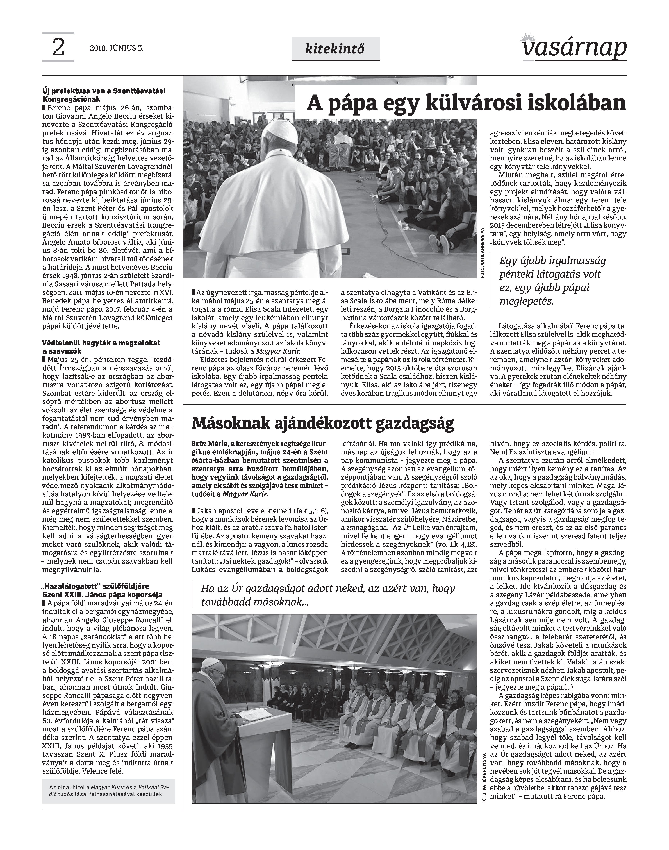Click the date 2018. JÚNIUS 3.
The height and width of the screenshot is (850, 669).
pos(116,49)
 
